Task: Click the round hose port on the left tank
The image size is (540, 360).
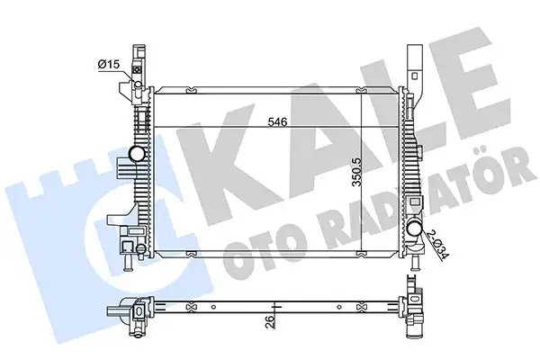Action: pos(137,156)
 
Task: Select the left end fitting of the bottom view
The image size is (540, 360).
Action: pos(131,310)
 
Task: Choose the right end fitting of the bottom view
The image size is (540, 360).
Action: pos(418,311)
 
